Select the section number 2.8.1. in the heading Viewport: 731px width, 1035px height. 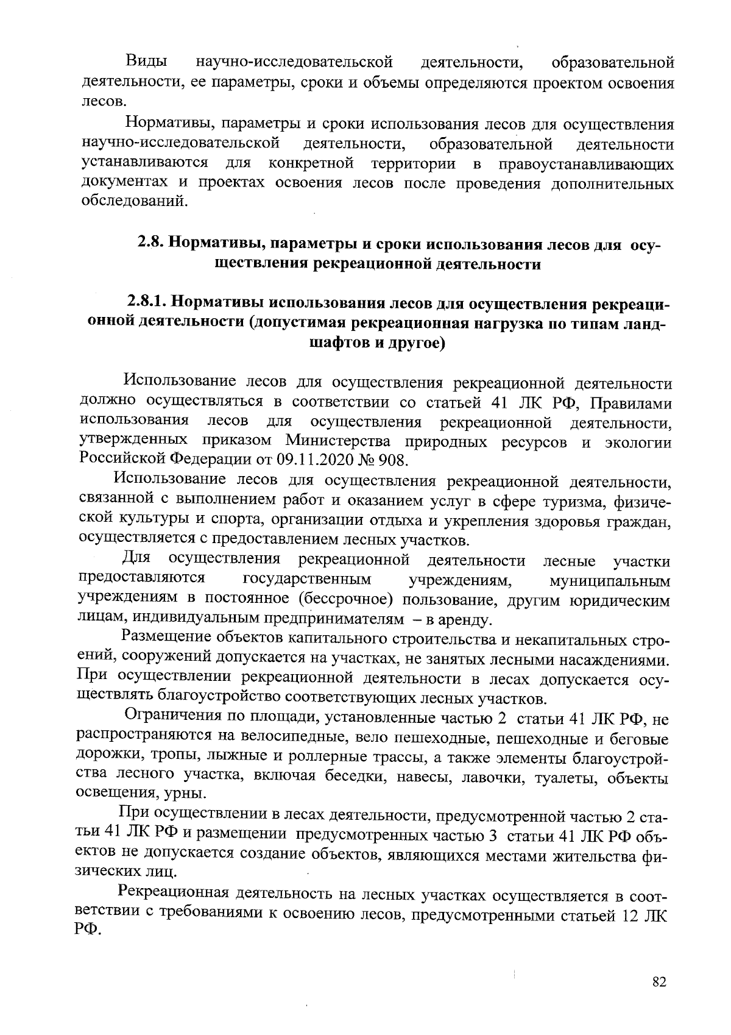[147, 303]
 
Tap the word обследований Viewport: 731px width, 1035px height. [134, 201]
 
